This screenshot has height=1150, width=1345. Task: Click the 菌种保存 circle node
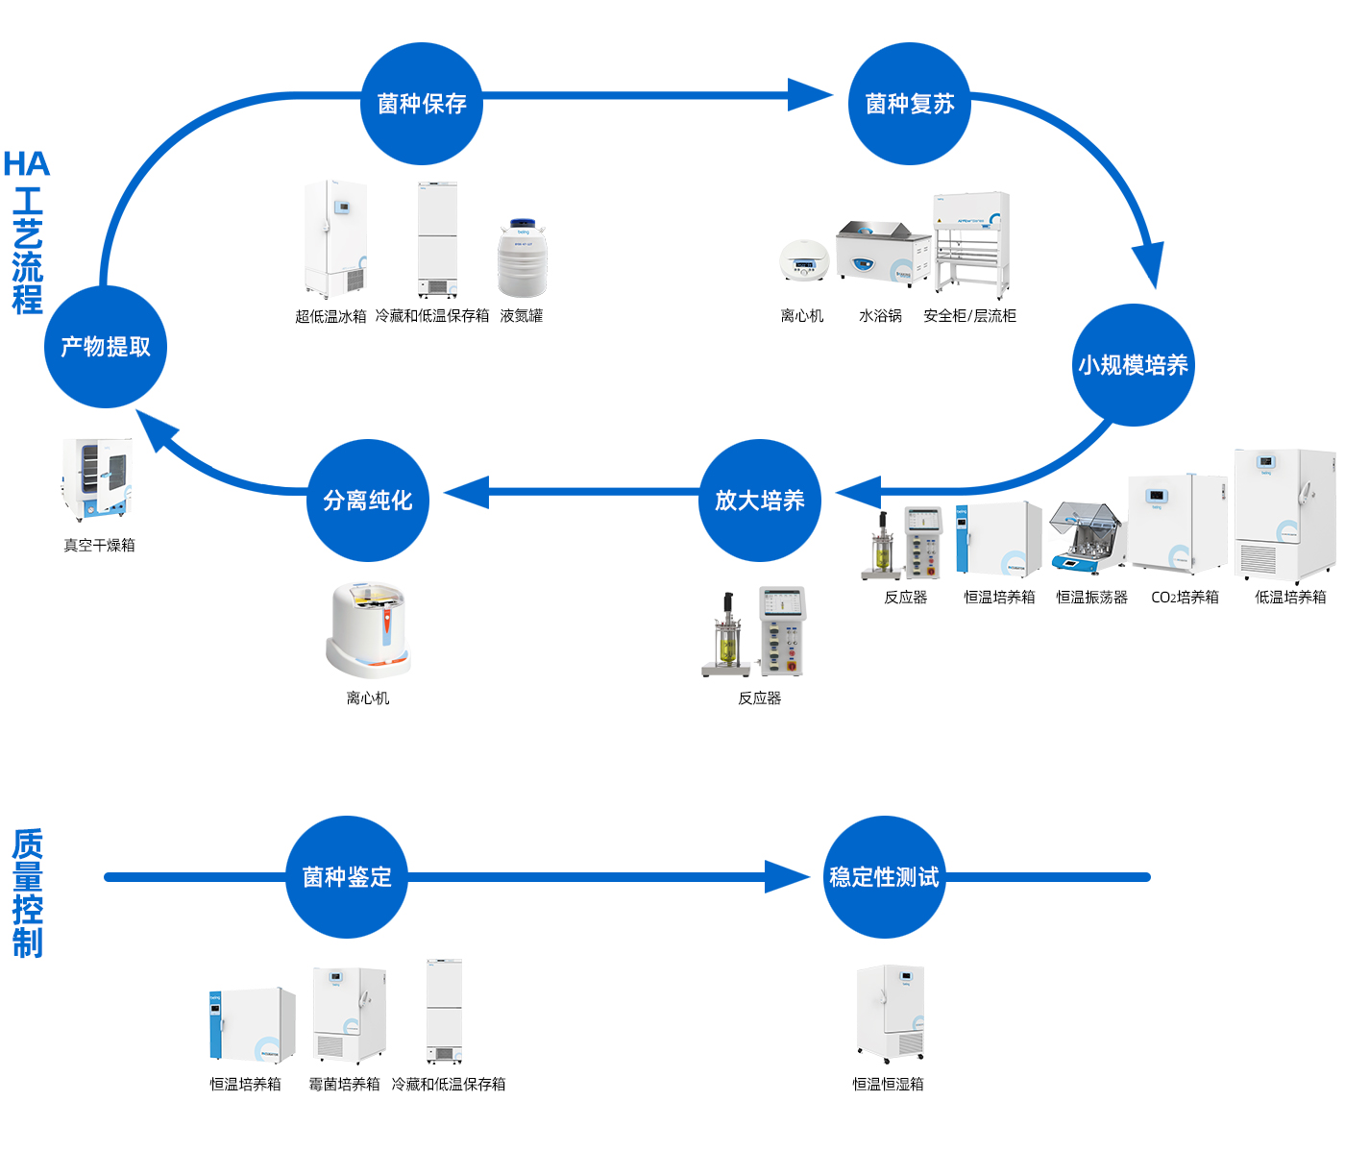(x=422, y=103)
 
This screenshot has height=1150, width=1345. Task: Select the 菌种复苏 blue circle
(x=909, y=103)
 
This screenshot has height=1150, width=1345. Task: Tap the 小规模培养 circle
(x=1133, y=365)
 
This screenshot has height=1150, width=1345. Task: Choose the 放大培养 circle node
(x=760, y=500)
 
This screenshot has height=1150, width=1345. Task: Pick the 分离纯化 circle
(x=368, y=500)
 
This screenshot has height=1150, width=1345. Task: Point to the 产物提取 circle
(x=106, y=347)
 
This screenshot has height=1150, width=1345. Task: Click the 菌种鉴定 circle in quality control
(x=347, y=876)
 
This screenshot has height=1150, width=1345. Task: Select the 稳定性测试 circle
(x=884, y=876)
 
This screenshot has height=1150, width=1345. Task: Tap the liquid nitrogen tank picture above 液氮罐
(x=522, y=259)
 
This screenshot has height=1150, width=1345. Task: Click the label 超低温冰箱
(x=330, y=316)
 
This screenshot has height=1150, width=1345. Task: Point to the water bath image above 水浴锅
(x=882, y=254)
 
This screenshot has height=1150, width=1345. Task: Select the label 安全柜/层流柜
(x=969, y=316)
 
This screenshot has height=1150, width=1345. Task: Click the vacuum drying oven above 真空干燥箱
(x=97, y=480)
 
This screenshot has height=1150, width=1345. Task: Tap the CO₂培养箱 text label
(x=1185, y=598)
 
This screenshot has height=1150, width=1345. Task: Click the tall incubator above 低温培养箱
(x=1284, y=516)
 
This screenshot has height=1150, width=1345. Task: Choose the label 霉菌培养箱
(x=344, y=1085)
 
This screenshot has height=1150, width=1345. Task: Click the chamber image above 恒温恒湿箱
(x=890, y=1014)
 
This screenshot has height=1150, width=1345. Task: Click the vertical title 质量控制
(x=28, y=893)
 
